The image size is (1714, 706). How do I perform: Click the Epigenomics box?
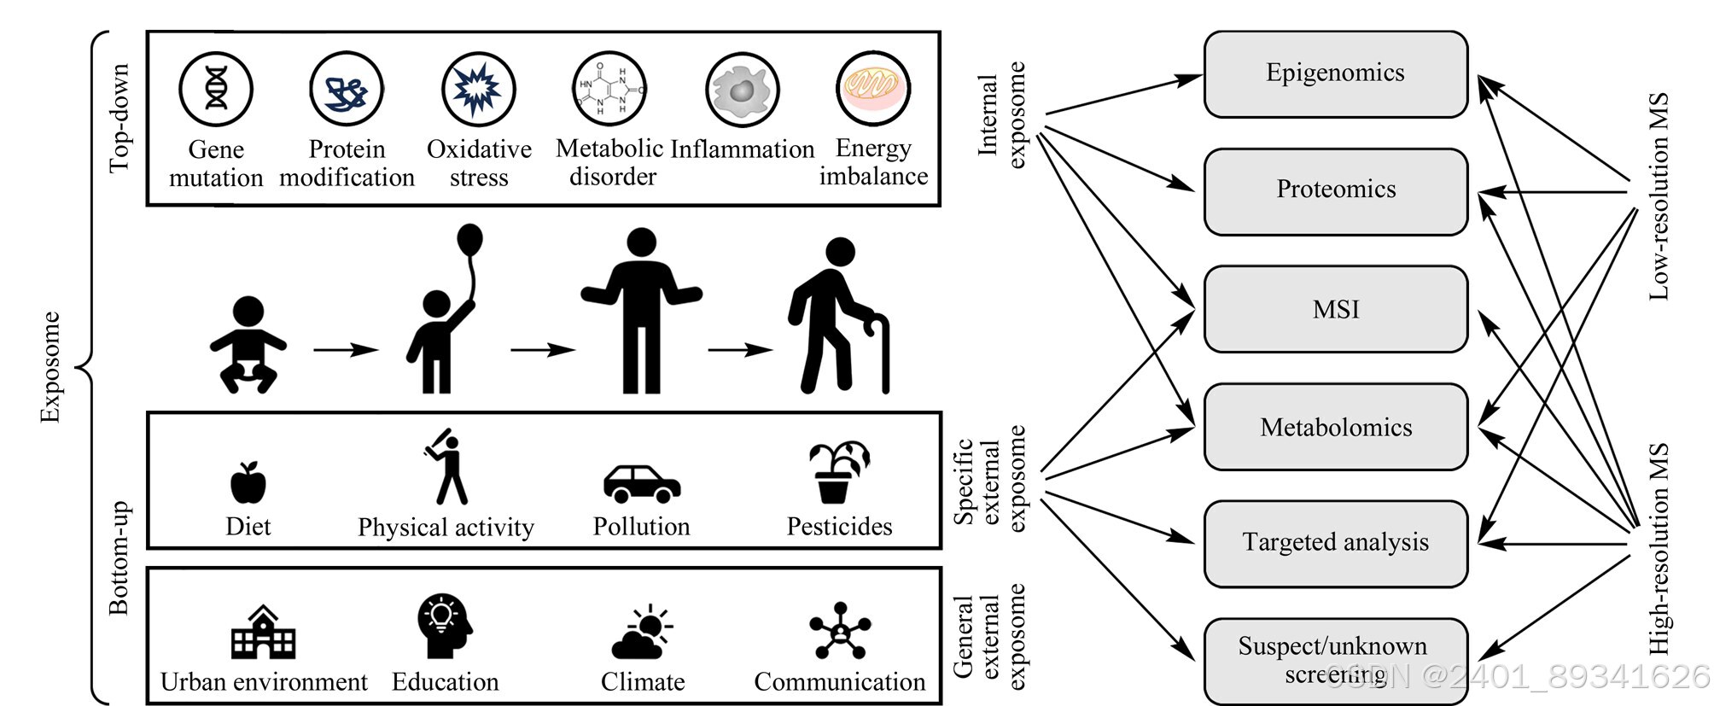1335,74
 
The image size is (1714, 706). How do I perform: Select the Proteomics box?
1335,191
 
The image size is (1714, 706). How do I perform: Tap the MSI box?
1335,309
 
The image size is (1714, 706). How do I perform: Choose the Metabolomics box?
1335,427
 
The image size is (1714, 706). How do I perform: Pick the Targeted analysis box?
1335,543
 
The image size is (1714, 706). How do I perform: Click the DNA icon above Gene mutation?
216,89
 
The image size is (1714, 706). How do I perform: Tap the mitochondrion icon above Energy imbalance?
873,89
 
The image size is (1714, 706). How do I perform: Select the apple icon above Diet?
248,482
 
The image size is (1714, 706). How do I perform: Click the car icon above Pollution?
642,483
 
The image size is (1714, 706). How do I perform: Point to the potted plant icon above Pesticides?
838,472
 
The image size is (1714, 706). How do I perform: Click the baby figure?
248,345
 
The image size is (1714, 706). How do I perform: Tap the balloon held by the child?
469,240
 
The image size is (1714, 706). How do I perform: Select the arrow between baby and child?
345,349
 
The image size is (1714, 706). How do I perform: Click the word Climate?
643,682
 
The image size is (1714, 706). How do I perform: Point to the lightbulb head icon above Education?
444,626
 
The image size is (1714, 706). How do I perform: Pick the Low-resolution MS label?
1659,196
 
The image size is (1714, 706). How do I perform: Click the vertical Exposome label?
50,367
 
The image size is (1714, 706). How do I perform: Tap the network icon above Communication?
840,631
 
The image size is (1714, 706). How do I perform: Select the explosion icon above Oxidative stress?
479,89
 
